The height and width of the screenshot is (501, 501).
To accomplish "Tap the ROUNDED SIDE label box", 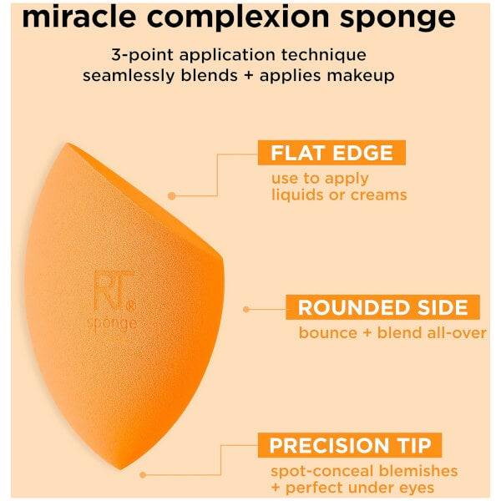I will coord(383,306).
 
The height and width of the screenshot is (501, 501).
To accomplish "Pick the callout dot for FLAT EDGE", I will coord(170,195).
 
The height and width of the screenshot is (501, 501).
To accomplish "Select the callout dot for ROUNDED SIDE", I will coord(246,309).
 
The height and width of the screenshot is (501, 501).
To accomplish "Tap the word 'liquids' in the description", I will coord(296,195).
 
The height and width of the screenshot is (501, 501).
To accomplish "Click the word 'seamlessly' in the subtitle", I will coord(134,75).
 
